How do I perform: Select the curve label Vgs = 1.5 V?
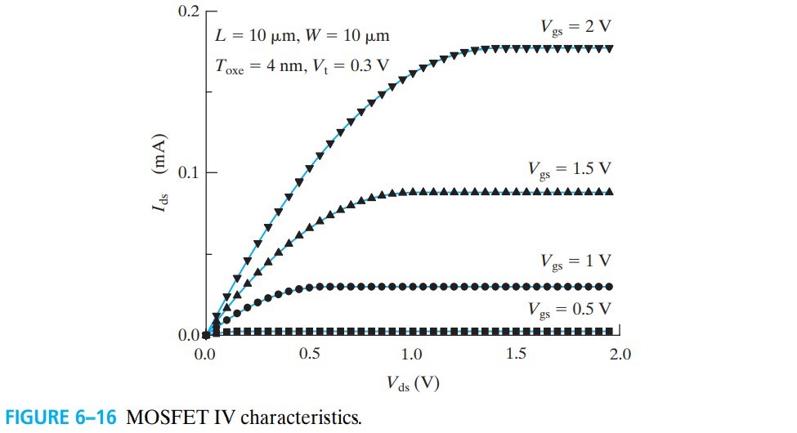pos(569,169)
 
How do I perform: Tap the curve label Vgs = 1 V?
pos(575,261)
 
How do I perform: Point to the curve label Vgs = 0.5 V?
pos(569,309)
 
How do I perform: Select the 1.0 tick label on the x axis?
pos(412,354)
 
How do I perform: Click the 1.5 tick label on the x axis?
pos(516,354)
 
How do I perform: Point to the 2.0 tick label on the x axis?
pos(620,354)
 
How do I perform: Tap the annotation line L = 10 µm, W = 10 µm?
pos(302,36)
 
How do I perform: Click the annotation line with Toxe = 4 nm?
pos(302,65)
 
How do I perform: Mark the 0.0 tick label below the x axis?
pos(204,354)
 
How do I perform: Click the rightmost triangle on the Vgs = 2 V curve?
pos(610,49)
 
